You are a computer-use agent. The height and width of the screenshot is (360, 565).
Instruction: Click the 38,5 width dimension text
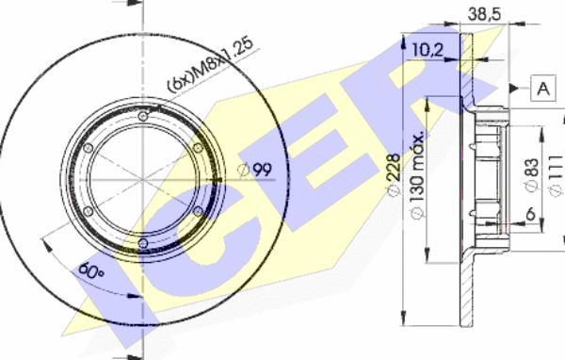tap(484, 14)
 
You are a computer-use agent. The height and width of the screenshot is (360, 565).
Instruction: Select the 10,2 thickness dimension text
tap(427, 50)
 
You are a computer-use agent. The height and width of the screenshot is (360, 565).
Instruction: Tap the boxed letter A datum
tap(543, 88)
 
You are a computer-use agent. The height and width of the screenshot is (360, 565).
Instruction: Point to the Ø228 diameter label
tap(395, 174)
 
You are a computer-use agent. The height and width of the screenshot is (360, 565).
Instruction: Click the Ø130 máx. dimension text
tap(417, 176)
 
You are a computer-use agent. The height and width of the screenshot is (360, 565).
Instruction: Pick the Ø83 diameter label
tap(532, 174)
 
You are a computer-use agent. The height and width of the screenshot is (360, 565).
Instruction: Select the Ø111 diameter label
tap(556, 175)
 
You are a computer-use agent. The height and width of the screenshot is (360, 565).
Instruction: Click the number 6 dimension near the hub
tap(531, 214)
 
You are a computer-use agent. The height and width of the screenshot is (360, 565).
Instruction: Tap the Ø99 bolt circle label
tap(255, 170)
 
